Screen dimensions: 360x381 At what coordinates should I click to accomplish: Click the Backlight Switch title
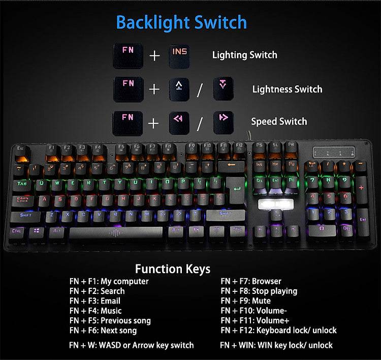[181, 23]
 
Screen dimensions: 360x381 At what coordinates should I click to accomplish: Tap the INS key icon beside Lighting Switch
[180, 54]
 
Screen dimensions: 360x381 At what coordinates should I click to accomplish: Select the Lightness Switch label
[287, 89]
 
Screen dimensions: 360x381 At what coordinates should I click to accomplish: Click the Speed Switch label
[279, 122]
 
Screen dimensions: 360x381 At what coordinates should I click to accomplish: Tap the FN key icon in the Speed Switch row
[128, 122]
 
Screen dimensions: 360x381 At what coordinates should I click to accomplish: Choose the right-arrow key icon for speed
[223, 122]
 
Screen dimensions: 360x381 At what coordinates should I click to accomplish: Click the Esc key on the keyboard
[21, 150]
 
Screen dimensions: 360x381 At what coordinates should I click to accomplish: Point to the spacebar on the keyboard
[115, 232]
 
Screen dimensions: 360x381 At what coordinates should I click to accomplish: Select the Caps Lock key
[23, 201]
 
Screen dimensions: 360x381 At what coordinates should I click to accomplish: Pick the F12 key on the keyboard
[239, 148]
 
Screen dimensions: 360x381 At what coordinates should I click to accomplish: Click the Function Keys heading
[172, 269]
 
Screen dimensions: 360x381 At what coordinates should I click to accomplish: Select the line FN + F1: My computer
[109, 281]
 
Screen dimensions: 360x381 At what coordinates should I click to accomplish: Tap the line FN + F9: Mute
[246, 301]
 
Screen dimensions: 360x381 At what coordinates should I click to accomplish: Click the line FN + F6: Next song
[103, 331]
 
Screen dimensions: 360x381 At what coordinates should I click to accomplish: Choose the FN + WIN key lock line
[276, 345]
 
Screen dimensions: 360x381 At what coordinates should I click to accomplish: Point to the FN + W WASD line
[132, 345]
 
